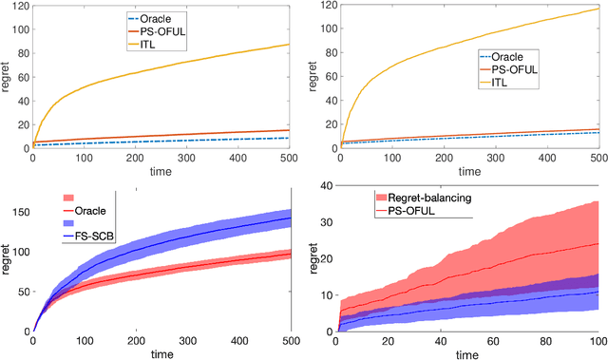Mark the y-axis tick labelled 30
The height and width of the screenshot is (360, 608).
pyautogui.click(x=325, y=223)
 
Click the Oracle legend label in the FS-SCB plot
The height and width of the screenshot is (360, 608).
pyautogui.click(x=88, y=211)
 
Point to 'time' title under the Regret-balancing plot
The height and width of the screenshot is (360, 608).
pyautogui.click(x=467, y=355)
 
